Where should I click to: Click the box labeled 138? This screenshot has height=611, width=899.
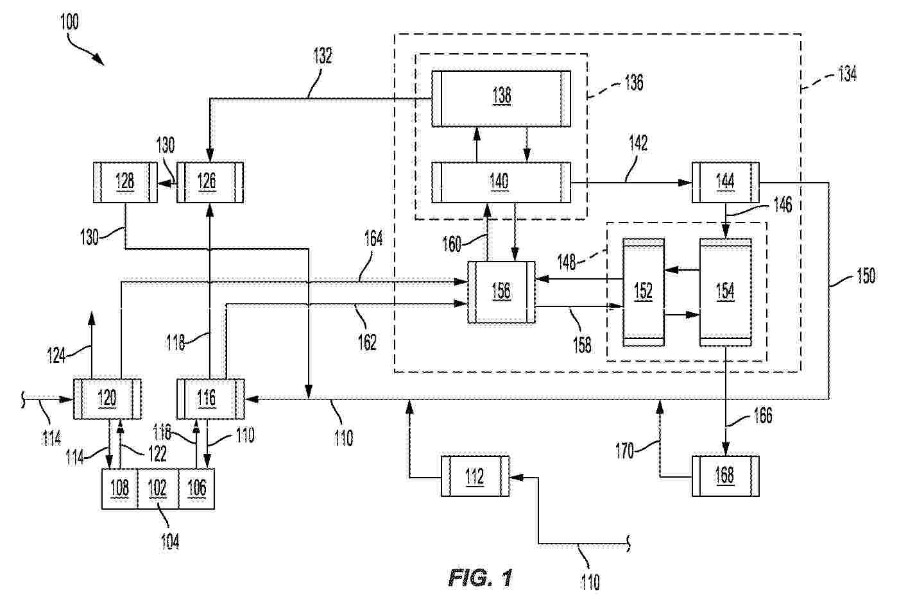point(501,99)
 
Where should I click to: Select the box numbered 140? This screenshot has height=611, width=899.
point(501,183)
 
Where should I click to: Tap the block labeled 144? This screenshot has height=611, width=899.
point(725,183)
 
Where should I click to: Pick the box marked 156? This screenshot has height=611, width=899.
point(501,292)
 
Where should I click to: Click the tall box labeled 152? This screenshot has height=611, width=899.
point(644,292)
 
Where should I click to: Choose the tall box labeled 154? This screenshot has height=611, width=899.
point(725,292)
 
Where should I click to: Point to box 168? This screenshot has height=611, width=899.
point(725,476)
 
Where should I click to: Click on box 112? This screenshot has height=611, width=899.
point(475,476)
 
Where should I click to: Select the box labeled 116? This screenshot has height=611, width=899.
point(210,399)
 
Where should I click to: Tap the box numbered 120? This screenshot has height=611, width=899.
point(107,399)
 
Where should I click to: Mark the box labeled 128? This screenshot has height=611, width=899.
point(125,183)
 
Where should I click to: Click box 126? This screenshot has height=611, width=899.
point(210,183)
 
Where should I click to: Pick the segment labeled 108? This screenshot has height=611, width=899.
point(119,489)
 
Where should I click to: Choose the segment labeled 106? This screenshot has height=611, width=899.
point(196,489)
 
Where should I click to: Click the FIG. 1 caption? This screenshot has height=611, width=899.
point(481,578)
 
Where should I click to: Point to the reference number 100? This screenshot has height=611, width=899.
point(69,22)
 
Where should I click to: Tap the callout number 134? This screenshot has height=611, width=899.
point(847,74)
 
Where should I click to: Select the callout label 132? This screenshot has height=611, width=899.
point(323,56)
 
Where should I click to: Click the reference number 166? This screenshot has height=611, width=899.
point(762,415)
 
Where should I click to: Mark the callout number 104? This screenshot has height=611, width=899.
point(170,542)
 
